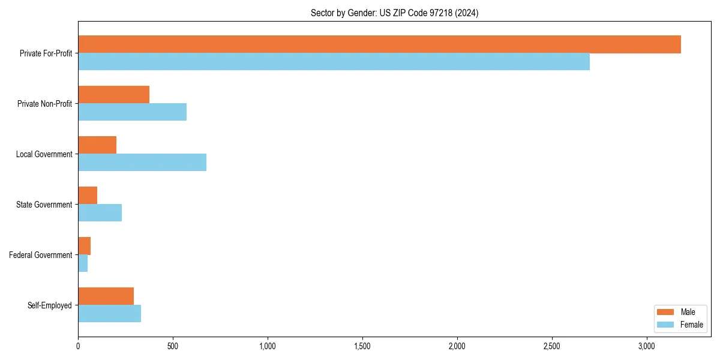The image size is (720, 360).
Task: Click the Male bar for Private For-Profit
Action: click(x=379, y=44)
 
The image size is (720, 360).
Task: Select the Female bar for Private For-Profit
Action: click(x=334, y=61)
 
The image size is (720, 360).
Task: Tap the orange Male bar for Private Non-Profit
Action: click(x=113, y=95)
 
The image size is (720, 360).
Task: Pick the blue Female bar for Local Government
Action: click(x=142, y=162)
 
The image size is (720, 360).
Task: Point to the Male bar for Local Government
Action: click(x=97, y=145)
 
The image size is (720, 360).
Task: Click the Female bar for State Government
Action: click(x=100, y=212)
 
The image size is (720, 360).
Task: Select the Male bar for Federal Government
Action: click(x=84, y=246)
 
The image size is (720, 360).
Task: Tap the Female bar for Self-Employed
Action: click(x=109, y=313)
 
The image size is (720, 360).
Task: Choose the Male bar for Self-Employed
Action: click(x=106, y=296)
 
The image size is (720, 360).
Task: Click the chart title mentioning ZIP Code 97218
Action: click(x=394, y=13)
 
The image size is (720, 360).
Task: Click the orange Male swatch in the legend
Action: click(x=666, y=312)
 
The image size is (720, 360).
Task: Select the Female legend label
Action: click(x=692, y=325)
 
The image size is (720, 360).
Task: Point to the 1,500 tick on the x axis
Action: click(x=362, y=346)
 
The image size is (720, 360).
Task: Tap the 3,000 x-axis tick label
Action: click(x=647, y=346)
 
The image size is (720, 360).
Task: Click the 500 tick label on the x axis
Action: click(x=173, y=346)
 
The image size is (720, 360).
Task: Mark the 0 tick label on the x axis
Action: click(x=78, y=346)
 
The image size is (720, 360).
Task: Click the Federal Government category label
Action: click(x=41, y=255)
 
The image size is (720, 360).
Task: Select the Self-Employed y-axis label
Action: click(x=50, y=305)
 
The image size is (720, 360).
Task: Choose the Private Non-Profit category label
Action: click(x=44, y=104)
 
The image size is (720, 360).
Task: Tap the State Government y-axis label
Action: click(x=44, y=205)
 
